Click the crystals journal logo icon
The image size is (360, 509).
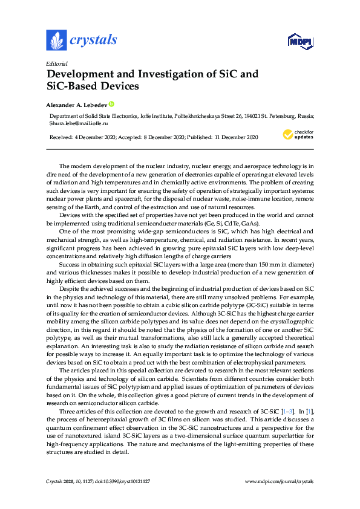pos(56,41)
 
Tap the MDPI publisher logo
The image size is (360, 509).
pos(300,42)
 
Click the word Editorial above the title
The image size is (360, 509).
pos(56,63)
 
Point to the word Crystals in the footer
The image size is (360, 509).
pos(56,481)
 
